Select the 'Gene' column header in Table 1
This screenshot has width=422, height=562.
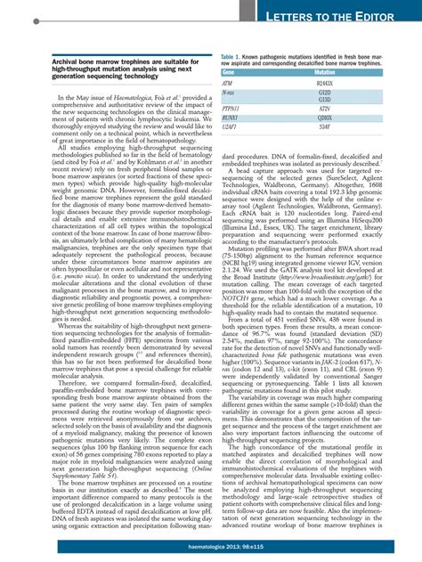click(x=228, y=71)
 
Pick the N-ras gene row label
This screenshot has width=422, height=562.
click(x=227, y=92)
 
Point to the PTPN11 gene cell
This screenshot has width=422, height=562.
click(x=230, y=107)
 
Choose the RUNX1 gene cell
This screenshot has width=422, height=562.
click(x=229, y=117)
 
